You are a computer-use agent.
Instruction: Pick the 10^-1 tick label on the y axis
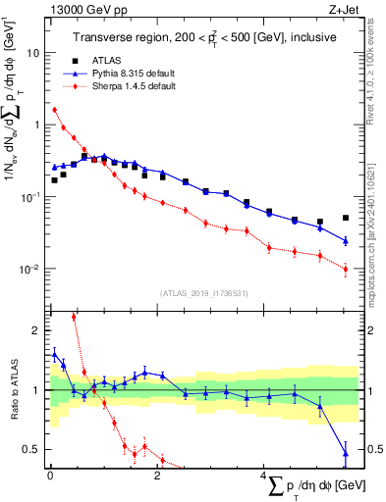[30, 197]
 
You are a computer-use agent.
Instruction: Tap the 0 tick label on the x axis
[48, 477]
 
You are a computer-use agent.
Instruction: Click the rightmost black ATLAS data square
[345, 218]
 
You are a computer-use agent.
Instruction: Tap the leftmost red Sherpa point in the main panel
[54, 110]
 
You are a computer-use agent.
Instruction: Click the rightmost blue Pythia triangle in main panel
[345, 240]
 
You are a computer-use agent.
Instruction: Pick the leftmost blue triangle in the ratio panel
[54, 355]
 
